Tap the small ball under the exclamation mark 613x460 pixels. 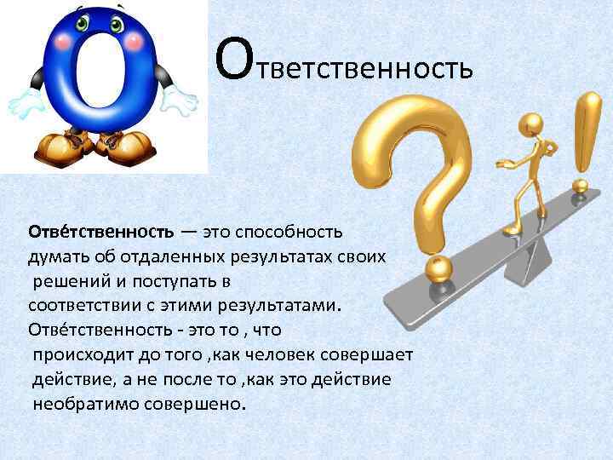pos(581,187)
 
